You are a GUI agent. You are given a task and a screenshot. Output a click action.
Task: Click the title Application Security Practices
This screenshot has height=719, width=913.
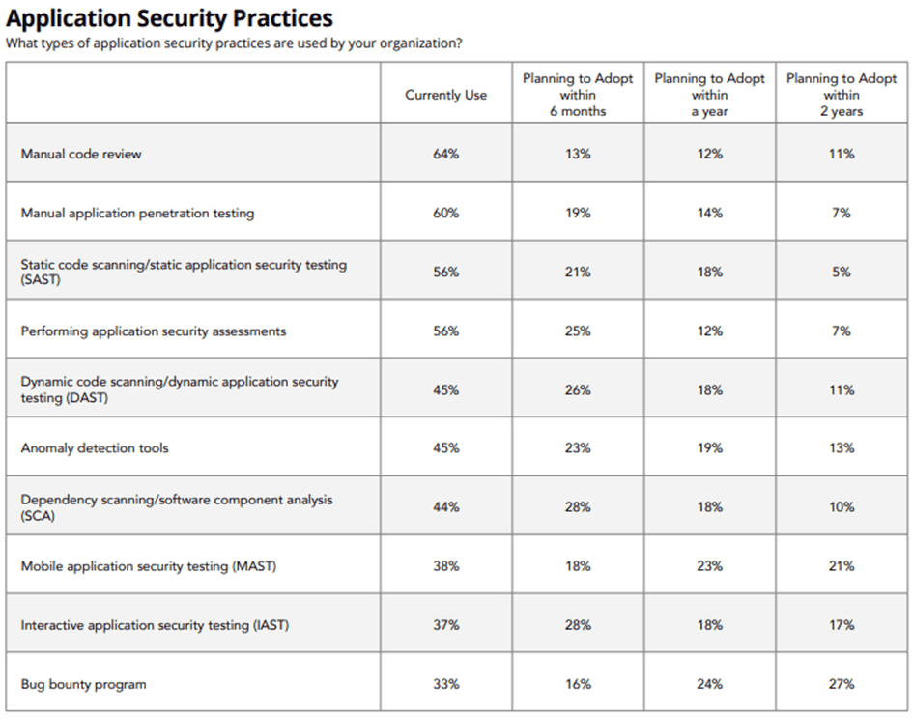169,18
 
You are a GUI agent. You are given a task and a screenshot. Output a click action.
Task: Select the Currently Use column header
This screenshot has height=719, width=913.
446,95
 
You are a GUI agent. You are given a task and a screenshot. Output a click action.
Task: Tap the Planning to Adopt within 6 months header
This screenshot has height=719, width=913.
578,95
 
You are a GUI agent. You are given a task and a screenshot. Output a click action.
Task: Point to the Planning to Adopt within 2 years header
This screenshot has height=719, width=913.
842,95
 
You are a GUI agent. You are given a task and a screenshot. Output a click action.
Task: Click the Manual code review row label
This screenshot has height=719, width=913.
81,154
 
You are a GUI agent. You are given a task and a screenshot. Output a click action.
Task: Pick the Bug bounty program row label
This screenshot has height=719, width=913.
83,684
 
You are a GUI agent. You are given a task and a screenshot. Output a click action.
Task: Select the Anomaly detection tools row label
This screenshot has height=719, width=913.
95,448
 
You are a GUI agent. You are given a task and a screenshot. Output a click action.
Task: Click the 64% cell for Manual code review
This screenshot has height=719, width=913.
446,154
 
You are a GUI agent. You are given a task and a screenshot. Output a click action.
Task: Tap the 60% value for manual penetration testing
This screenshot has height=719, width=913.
446,214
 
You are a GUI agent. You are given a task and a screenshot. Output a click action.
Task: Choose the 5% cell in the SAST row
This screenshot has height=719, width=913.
842,273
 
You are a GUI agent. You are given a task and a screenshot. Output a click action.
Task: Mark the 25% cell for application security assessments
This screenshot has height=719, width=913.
578,331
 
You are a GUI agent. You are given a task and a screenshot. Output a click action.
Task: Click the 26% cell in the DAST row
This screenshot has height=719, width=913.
578,389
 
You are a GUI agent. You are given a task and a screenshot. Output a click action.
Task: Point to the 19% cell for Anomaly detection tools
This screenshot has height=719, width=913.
710,448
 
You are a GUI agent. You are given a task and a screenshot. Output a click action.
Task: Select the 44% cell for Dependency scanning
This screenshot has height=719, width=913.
446,507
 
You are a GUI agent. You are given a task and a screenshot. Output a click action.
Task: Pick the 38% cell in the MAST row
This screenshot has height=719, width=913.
446,566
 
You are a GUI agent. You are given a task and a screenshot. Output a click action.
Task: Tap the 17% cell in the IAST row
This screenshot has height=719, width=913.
842,625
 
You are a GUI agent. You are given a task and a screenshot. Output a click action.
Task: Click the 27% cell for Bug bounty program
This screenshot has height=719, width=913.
842,684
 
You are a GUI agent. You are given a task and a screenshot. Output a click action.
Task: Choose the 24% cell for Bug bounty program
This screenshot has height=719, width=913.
710,684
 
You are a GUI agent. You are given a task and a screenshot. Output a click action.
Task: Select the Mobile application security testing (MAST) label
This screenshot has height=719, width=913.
149,566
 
